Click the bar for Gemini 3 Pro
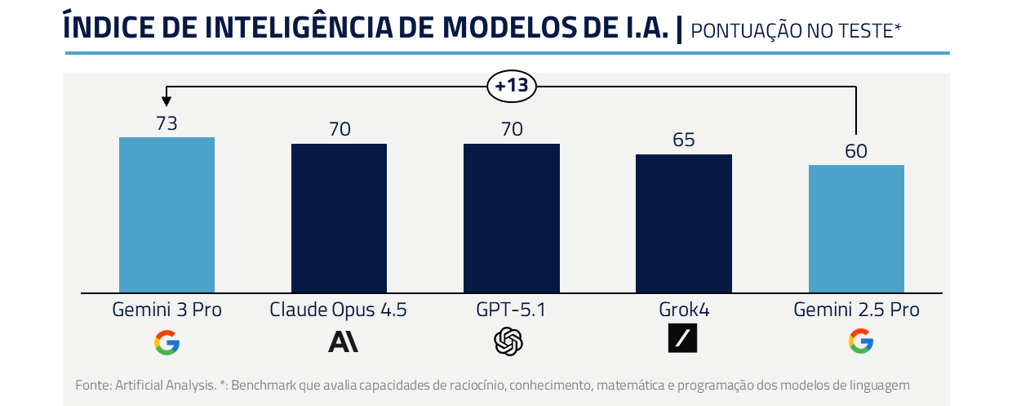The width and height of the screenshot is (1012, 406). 166,215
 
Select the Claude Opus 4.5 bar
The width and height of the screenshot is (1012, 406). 339,218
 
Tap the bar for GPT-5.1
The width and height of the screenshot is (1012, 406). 511,218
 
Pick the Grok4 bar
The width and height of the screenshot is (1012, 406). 683,223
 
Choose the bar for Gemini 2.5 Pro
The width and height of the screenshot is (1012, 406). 856,229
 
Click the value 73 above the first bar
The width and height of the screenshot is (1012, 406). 166,123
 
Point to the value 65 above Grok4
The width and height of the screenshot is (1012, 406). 683,140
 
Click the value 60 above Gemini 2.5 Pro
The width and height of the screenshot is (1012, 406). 856,151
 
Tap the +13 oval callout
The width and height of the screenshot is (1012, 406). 512,86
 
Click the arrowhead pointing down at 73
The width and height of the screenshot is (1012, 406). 166,100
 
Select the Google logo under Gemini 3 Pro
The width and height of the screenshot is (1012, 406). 166,341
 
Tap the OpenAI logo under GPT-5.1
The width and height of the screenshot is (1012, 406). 508,341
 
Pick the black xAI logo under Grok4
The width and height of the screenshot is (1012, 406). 682,338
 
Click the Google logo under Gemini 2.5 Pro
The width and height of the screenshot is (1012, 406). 860,341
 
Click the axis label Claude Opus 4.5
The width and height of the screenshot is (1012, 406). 338,310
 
